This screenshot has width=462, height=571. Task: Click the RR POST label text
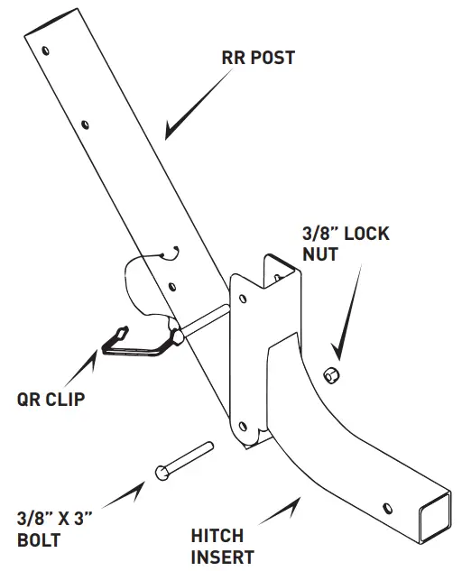258,58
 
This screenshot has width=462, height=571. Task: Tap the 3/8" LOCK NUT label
346,244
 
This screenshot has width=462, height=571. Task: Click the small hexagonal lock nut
331,373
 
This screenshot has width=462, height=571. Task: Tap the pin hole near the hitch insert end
387,506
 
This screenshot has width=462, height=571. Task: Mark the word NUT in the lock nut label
320,255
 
